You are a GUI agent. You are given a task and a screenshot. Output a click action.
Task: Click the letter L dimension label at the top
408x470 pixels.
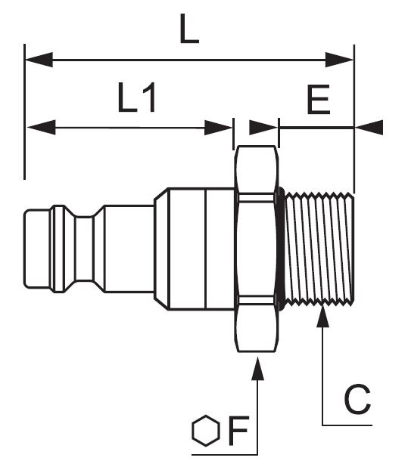[x=189, y=29]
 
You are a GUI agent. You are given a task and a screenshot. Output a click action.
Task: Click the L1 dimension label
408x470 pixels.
[x=137, y=97]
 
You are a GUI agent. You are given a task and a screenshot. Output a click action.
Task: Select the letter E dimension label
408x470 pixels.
[x=318, y=100]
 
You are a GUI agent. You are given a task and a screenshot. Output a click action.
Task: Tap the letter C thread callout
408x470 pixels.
[x=357, y=399]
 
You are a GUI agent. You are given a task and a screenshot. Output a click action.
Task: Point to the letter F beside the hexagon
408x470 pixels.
[x=238, y=431]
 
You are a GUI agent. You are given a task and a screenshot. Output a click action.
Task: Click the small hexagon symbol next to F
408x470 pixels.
[x=206, y=431]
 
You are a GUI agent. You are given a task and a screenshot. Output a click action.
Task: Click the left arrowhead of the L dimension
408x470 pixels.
[x=39, y=60]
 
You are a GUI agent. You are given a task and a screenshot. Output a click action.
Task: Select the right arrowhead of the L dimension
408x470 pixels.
[x=339, y=60]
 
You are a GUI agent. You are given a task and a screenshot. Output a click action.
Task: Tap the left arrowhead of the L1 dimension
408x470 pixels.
[x=42, y=128]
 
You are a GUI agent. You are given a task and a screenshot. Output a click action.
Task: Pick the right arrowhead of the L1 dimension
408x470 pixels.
[x=218, y=128]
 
